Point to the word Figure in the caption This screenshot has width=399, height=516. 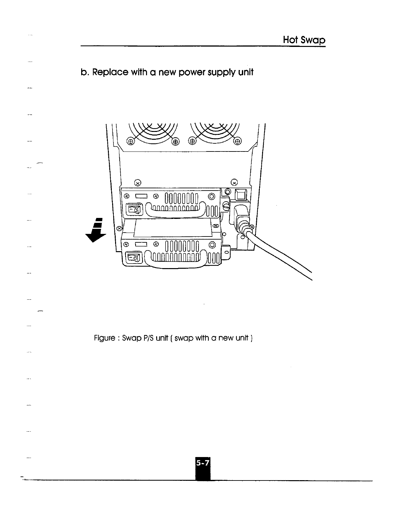[x=104, y=338]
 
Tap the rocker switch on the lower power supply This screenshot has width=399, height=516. [x=135, y=258]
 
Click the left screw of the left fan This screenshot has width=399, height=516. [x=130, y=141]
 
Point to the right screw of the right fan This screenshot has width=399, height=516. [x=238, y=141]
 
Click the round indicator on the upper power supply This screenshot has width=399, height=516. [x=212, y=196]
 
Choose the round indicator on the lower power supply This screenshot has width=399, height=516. [x=212, y=245]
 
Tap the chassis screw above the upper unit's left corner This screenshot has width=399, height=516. [x=138, y=182]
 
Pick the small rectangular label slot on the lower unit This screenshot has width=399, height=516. [x=142, y=244]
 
